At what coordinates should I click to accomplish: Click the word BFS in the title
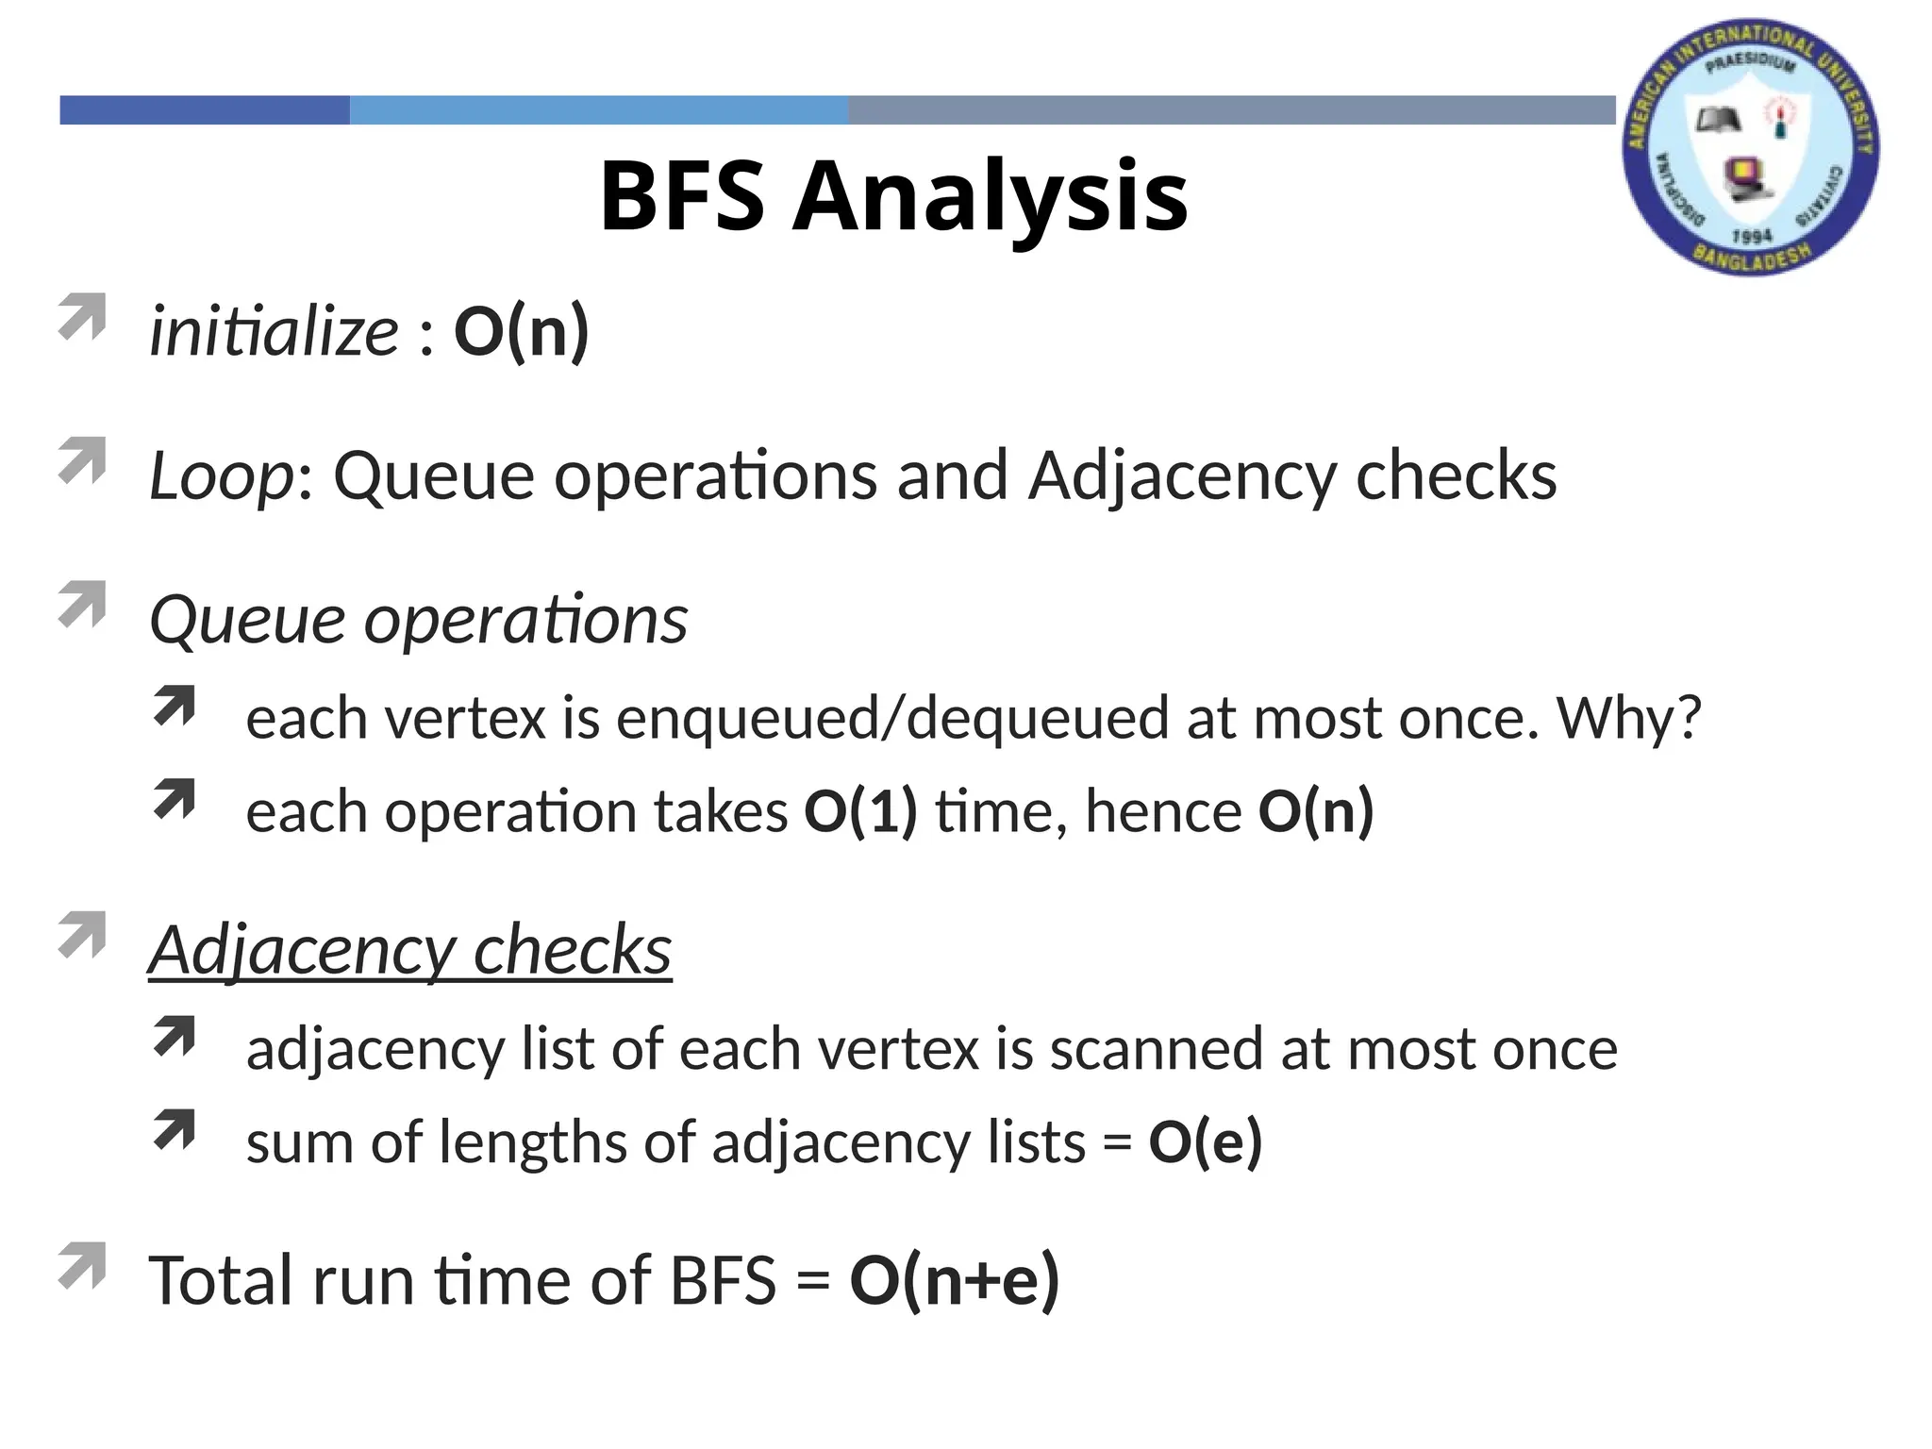click(682, 197)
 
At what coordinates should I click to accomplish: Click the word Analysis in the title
click(990, 197)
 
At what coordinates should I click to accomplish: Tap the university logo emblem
click(1751, 146)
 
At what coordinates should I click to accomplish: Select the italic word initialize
click(274, 332)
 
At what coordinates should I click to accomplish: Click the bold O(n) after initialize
click(521, 332)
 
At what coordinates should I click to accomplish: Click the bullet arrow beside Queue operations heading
click(81, 605)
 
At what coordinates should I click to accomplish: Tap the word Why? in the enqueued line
click(1628, 719)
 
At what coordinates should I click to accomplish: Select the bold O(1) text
click(859, 812)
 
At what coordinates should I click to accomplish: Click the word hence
click(1163, 812)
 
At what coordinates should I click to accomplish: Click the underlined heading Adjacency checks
click(410, 951)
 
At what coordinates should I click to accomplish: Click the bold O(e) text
click(1205, 1142)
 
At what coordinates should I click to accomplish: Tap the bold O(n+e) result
click(954, 1281)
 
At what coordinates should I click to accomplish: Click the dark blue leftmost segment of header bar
click(205, 110)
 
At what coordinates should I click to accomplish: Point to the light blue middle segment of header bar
click(598, 110)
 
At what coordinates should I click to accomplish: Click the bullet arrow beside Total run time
click(81, 1266)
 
